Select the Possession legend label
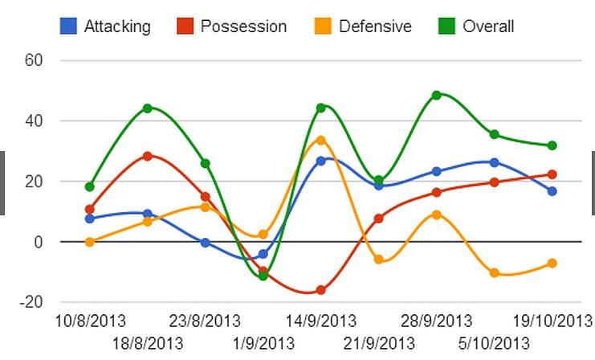click(243, 26)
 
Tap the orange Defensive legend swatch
click(324, 26)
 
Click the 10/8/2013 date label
click(90, 321)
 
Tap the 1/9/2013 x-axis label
click(263, 344)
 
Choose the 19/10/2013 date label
click(553, 321)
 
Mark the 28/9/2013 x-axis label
click(437, 321)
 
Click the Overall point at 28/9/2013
click(437, 95)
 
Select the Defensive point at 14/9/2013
click(321, 140)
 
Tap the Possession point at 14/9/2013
click(321, 290)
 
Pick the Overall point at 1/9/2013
click(263, 276)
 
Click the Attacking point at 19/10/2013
click(552, 191)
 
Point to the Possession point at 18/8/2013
click(148, 156)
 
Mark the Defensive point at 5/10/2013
click(495, 273)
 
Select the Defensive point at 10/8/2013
click(90, 242)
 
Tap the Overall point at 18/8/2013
click(148, 108)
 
